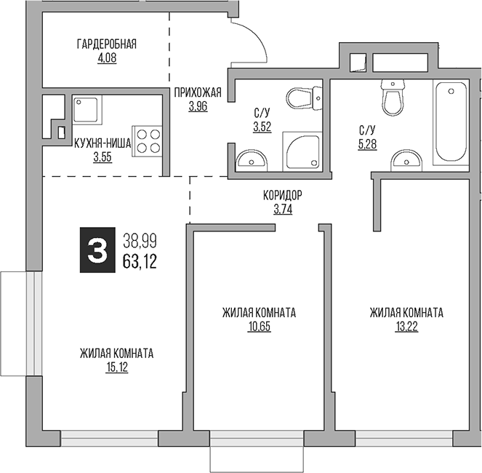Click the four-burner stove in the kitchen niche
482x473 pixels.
147,140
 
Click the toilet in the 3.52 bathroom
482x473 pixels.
305,98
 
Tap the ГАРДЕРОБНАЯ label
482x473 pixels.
107,44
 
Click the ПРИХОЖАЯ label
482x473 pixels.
196,92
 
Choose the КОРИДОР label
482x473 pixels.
282,195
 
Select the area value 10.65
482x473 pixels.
259,326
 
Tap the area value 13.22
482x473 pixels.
406,326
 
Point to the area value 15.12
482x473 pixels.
116,367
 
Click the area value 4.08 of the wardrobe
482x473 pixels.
107,57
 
